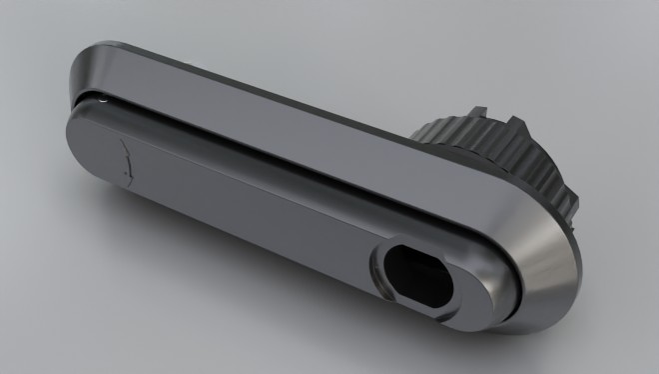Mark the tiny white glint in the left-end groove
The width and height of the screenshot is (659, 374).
pyautogui.click(x=103, y=98)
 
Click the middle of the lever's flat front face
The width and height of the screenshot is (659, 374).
pyautogui.click(x=250, y=200)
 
